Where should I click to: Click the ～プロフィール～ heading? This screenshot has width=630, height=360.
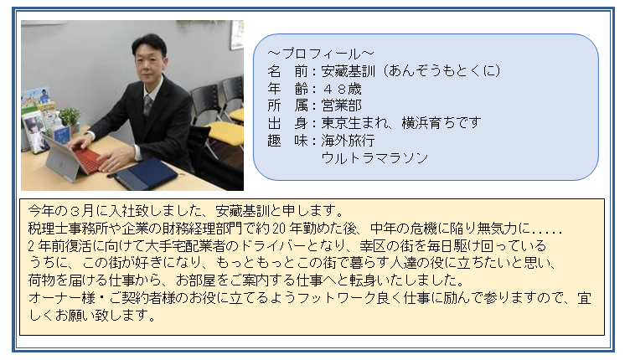click(321, 54)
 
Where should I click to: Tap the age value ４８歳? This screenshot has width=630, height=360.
click(341, 89)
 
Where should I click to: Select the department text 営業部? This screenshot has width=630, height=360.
click(341, 105)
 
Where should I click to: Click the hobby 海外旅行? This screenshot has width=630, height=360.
click(348, 141)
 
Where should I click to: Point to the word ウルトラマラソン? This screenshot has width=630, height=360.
click(374, 157)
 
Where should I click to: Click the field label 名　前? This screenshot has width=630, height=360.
click(287, 71)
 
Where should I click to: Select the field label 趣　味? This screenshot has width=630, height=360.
click(287, 141)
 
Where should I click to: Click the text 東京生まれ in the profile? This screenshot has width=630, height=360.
click(354, 123)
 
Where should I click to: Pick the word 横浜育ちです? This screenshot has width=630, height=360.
click(442, 123)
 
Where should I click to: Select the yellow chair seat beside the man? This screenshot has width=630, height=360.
click(226, 131)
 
